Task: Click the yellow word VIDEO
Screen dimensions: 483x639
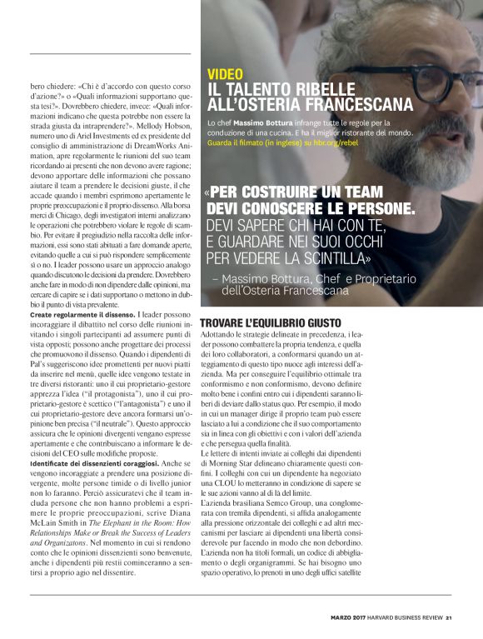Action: pyautogui.click(x=226, y=74)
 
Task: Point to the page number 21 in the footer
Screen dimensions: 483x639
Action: pyautogui.click(x=448, y=617)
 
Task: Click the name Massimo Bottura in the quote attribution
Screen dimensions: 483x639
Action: pyautogui.click(x=271, y=277)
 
